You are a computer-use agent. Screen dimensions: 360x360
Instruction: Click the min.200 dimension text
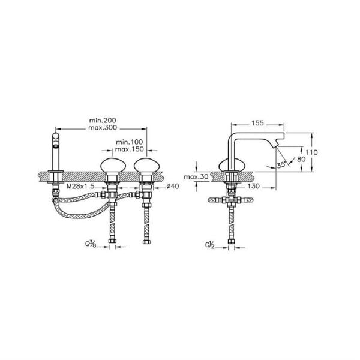[103, 120]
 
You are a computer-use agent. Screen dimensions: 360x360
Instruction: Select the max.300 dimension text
[103, 127]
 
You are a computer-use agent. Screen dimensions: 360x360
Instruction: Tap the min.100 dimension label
[129, 142]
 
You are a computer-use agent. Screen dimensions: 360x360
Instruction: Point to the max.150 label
[129, 149]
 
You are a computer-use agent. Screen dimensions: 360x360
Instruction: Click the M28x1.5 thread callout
[80, 186]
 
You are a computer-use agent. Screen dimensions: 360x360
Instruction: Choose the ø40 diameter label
[173, 186]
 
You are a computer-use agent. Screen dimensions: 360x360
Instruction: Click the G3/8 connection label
[91, 244]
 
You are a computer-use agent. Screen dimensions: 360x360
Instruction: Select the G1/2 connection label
[209, 245]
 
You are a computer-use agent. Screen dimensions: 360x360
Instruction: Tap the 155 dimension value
[257, 123]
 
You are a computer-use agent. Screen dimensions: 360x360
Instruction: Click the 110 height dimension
[311, 152]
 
